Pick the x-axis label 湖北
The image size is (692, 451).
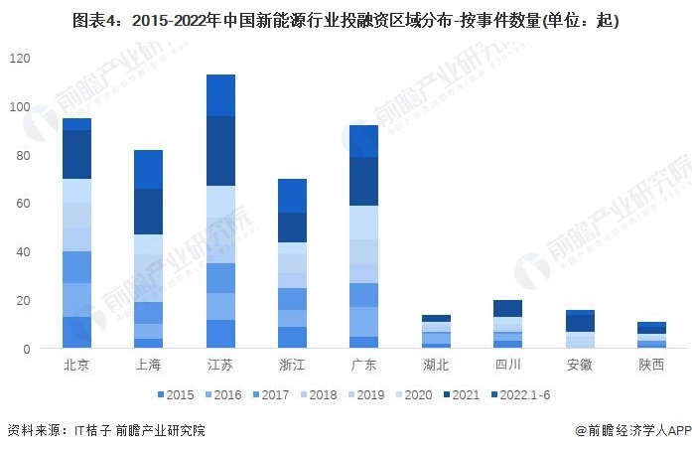point(435,365)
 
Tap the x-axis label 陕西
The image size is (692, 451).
point(650,365)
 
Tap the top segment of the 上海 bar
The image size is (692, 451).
point(148,169)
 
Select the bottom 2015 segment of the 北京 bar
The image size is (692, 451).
point(76,333)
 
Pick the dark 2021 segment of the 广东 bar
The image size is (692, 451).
point(364,181)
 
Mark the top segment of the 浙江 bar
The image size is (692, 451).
point(292,196)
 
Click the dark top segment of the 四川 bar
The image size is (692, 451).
point(507,308)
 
